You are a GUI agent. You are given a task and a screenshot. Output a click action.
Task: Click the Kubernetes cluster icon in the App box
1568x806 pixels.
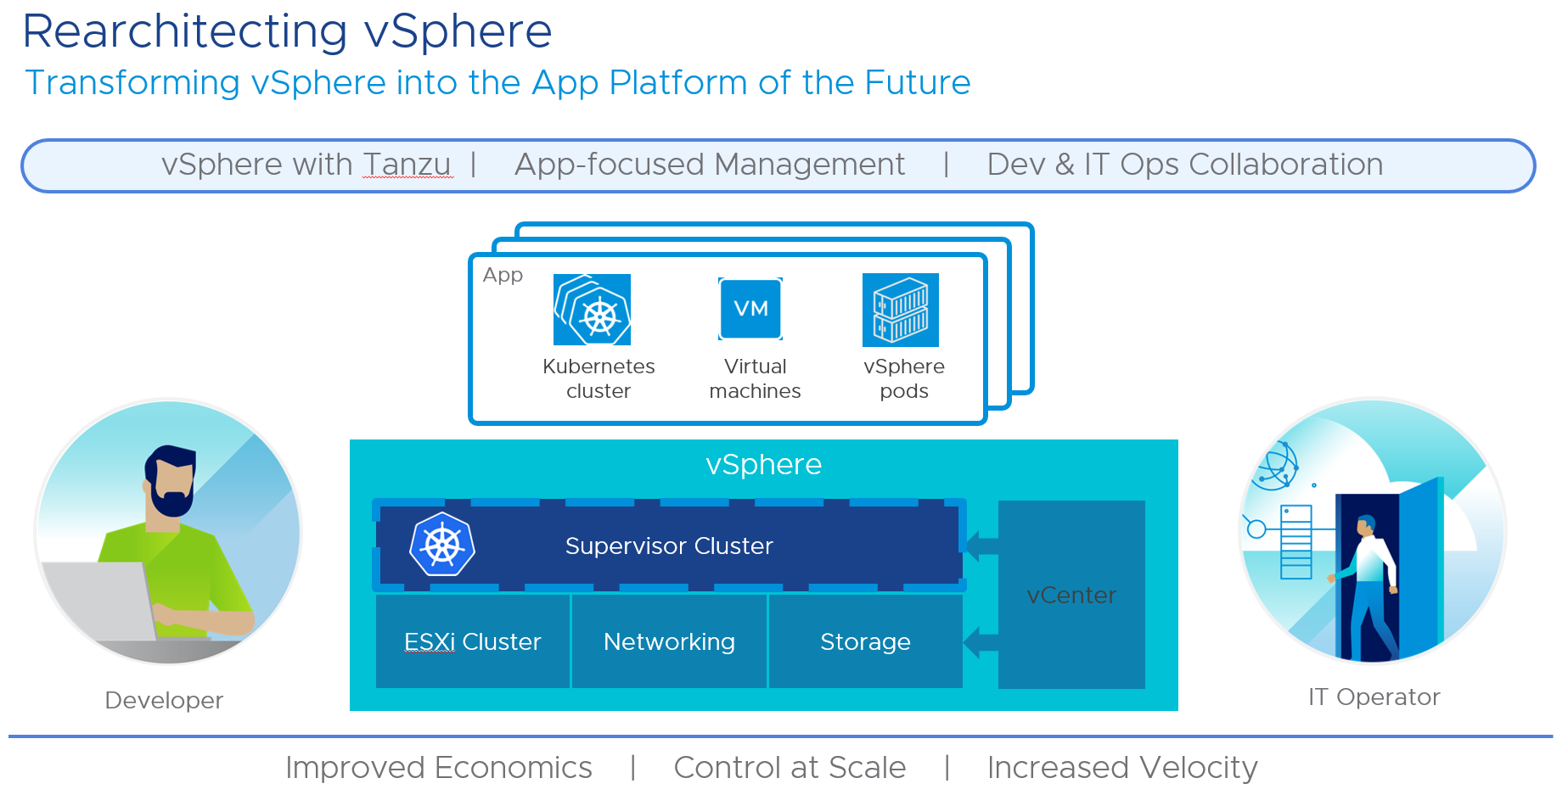pos(592,310)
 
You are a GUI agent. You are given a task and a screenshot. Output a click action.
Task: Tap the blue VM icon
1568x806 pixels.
pos(750,309)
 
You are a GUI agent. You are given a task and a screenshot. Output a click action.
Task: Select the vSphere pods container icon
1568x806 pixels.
pos(901,310)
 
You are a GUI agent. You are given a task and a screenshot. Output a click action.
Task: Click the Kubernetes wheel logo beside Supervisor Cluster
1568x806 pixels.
pos(441,545)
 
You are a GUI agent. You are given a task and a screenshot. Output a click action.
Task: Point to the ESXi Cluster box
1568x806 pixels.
pos(473,641)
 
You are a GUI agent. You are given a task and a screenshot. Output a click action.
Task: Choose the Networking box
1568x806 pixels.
pos(669,641)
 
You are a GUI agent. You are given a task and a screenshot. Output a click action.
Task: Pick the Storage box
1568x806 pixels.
pos(865,641)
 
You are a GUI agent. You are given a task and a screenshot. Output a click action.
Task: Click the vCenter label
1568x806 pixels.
pos(1071,596)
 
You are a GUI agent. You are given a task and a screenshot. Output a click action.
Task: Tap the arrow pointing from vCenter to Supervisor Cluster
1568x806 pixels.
pos(981,546)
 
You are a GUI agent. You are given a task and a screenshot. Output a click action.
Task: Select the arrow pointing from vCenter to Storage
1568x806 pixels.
pos(981,642)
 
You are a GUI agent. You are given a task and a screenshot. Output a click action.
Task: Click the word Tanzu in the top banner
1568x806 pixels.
pos(407,165)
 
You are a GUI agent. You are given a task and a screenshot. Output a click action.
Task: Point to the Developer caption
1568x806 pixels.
pos(164,700)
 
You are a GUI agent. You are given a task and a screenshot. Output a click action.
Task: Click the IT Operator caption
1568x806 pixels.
pos(1374,697)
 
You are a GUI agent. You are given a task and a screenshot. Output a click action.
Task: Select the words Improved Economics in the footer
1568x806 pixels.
pos(438,767)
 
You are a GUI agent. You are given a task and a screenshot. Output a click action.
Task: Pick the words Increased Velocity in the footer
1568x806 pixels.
pos(1121,767)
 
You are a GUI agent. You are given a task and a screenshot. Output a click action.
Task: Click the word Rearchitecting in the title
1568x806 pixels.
pos(185,32)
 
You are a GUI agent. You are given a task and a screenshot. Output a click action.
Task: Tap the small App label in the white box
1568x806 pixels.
pos(503,275)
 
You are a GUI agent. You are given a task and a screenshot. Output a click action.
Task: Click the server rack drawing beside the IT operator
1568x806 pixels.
pos(1296,542)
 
